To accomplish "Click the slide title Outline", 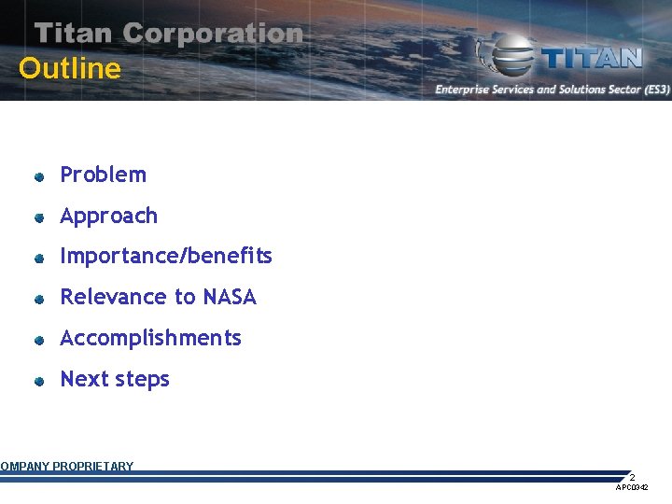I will point(70,69).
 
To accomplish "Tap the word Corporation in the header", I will point(213,34).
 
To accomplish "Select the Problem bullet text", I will point(103,175).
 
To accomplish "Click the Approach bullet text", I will point(108,216).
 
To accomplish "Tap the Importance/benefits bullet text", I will point(166,256).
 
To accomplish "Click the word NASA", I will point(230,297).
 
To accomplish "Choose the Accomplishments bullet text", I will point(150,338).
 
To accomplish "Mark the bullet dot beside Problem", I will point(40,175).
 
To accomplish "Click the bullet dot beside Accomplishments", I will point(40,340).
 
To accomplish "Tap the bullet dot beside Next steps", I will point(40,381).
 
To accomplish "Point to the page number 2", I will point(632,477).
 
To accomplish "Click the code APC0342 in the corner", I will point(632,488).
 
